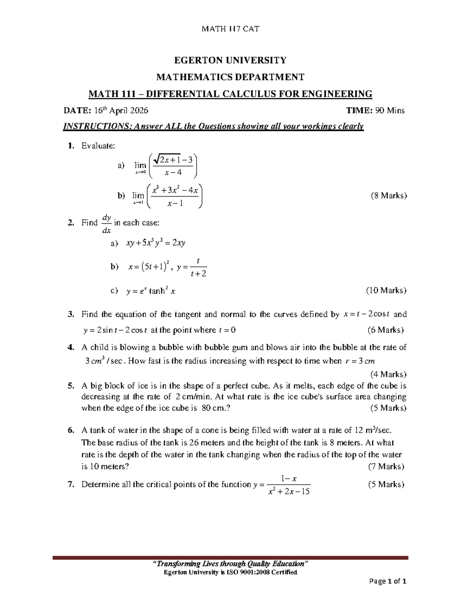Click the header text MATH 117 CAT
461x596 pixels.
click(230, 28)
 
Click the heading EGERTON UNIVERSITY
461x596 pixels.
click(230, 60)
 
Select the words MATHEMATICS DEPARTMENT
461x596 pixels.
click(230, 77)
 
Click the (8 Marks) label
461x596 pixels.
click(388, 196)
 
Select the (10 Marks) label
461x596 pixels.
click(386, 290)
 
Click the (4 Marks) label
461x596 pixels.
click(388, 374)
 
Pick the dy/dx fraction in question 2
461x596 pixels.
click(106, 223)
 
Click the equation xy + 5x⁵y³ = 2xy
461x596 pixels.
click(156, 243)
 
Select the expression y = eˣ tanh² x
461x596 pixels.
click(151, 291)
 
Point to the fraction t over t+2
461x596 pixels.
click(198, 267)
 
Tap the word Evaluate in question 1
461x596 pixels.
click(98, 146)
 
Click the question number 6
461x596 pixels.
click(70, 431)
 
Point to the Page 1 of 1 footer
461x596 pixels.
click(388, 581)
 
